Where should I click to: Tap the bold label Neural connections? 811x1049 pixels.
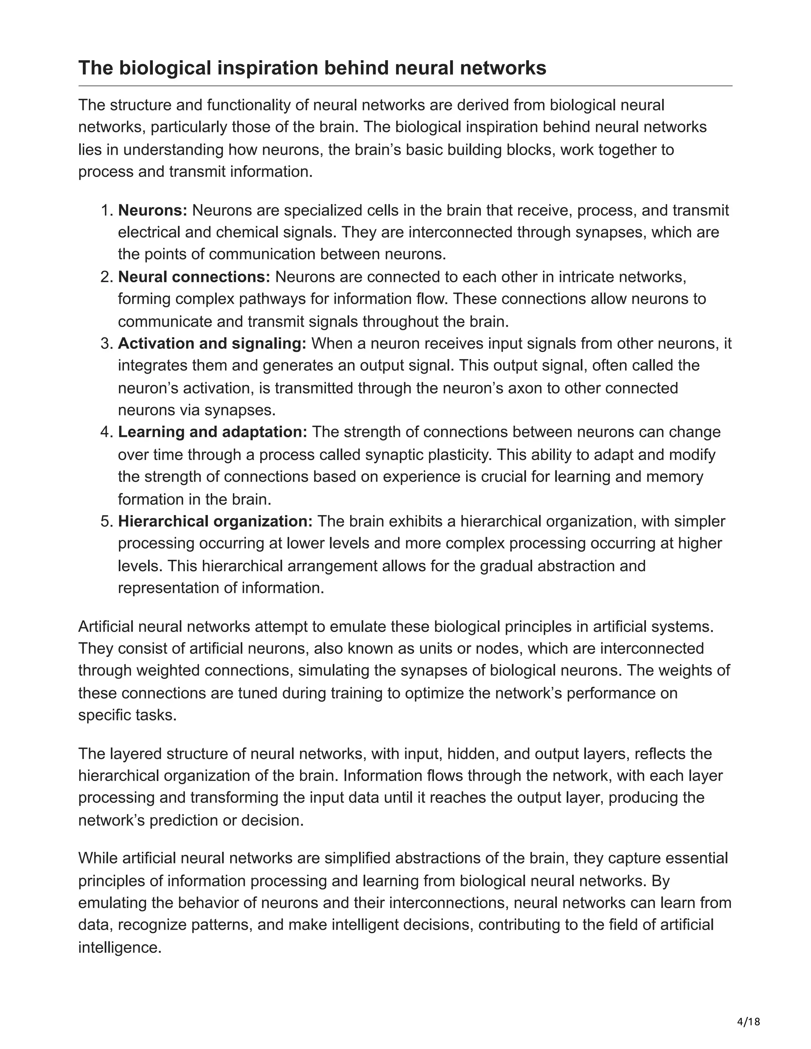pyautogui.click(x=194, y=277)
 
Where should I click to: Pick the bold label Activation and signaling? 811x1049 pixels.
pyautogui.click(x=212, y=344)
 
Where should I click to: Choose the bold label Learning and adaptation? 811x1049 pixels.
pyautogui.click(x=212, y=432)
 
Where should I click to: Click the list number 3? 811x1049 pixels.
pyautogui.click(x=106, y=344)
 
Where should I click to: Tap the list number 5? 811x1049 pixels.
pyautogui.click(x=106, y=521)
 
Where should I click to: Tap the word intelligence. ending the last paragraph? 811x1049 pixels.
pyautogui.click(x=120, y=948)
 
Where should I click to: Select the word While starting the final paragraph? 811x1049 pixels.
pyautogui.click(x=98, y=858)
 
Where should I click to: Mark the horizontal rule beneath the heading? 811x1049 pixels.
pyautogui.click(x=405, y=86)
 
